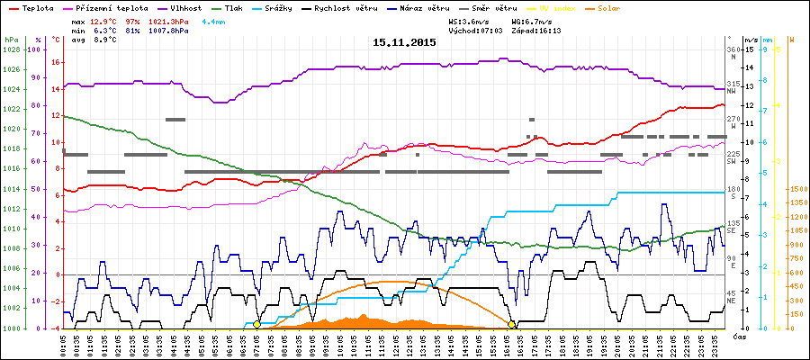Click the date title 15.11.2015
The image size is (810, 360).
click(404, 42)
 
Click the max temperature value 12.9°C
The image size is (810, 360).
click(103, 20)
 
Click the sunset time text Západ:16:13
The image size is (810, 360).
click(535, 31)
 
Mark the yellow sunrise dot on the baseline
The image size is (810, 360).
click(256, 324)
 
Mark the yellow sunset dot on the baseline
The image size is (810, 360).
click(511, 324)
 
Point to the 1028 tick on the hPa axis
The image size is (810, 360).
click(11, 49)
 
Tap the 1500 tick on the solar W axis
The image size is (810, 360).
click(797, 190)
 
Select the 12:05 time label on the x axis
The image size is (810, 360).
click(395, 344)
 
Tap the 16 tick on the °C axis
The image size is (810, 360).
click(57, 63)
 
